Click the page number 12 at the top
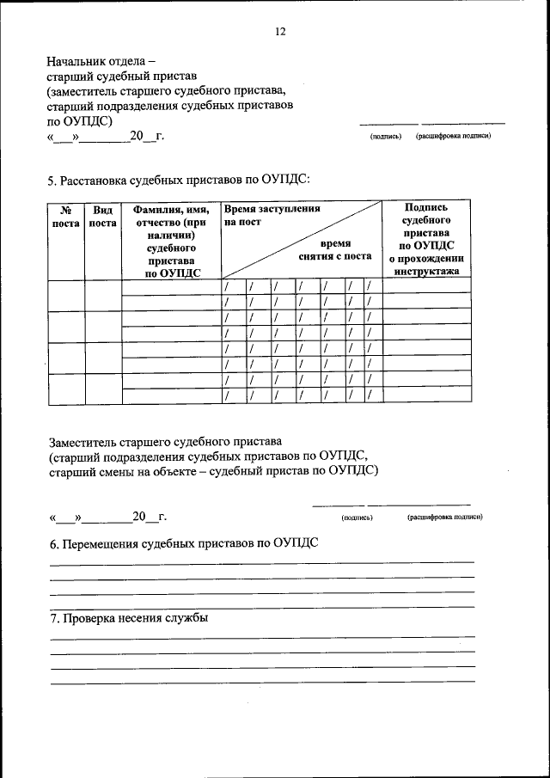279,32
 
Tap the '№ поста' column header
65,216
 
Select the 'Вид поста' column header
103,216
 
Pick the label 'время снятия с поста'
335,250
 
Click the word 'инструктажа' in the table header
426,272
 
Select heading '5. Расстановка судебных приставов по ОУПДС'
178,180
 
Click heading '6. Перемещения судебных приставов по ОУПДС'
184,543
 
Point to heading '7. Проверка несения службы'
129,618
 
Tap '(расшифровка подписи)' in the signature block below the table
444,518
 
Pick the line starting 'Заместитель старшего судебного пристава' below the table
165,441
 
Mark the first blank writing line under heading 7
262,636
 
